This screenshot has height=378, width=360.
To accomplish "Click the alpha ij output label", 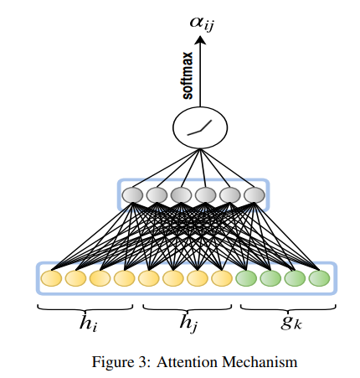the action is [203, 23].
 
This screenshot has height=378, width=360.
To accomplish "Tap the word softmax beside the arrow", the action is [188, 75].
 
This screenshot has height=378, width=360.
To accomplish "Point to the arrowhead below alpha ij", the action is [200, 40].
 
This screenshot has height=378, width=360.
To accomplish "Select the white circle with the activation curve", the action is [200, 128].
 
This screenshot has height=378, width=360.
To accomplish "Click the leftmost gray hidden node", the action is [132, 194].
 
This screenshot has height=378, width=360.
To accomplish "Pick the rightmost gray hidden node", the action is [255, 194].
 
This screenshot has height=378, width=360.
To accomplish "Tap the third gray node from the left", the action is [181, 194].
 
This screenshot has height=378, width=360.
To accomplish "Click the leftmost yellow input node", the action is [51, 278].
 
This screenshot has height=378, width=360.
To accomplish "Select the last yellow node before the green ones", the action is [222, 278].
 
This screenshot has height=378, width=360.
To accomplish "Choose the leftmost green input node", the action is [246, 278].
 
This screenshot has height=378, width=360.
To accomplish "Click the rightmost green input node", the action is [319, 278].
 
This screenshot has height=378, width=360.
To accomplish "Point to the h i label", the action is [88, 324].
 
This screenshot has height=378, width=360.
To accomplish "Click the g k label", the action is [291, 324].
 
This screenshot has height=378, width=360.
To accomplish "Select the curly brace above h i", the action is [85, 308].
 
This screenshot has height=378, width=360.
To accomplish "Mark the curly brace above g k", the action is [288, 308].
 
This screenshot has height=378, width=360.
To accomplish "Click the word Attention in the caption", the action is [187, 362].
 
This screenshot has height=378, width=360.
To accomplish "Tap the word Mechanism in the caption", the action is [260, 362].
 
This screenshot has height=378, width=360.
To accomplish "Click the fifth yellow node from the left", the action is [149, 278].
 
